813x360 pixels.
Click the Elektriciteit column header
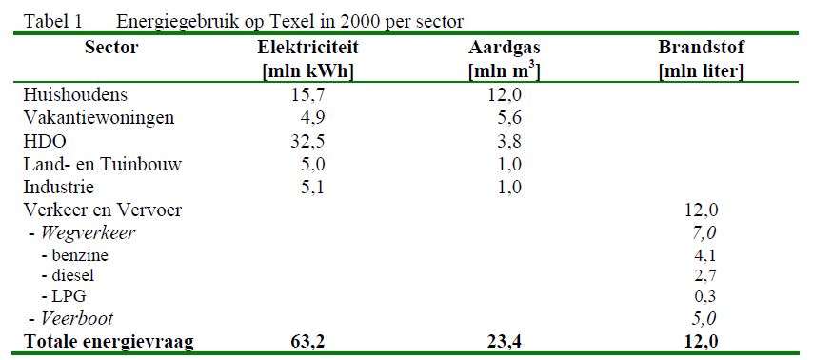point(307,48)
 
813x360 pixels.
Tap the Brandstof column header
point(701,48)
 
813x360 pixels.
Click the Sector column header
point(111,48)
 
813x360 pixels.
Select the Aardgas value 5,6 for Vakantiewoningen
point(502,118)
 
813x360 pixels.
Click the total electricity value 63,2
point(307,342)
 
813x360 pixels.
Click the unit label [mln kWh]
point(307,70)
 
